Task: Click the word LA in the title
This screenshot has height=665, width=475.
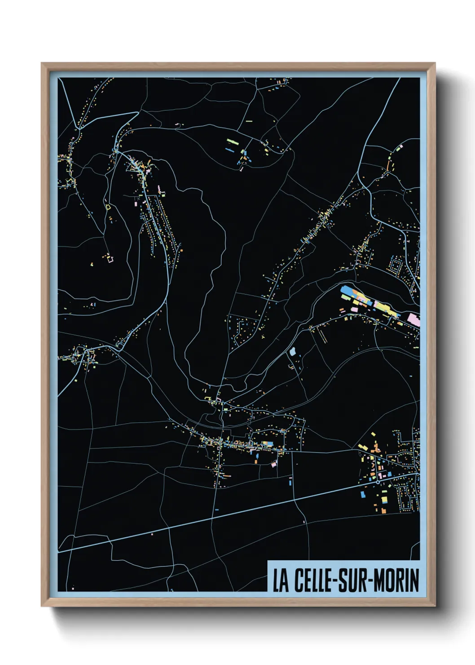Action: (281, 581)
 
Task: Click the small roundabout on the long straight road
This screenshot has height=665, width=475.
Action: (378, 481)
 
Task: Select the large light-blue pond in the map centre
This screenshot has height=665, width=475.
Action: (293, 351)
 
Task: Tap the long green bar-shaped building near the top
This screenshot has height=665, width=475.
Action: (232, 141)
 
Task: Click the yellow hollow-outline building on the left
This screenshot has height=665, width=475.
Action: (107, 206)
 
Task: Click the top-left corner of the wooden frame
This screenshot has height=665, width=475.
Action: (42, 63)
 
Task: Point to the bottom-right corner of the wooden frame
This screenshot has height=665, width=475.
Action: (435, 606)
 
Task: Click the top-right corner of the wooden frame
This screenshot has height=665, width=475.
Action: (435, 63)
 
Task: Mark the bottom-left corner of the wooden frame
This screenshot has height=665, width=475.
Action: (42, 606)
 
